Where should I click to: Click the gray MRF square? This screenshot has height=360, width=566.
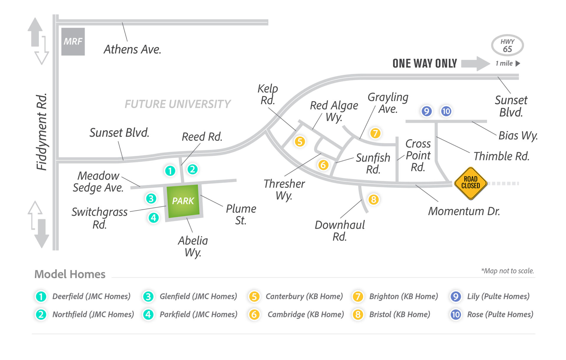pyautogui.click(x=73, y=42)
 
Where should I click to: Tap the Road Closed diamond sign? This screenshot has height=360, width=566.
pyautogui.click(x=470, y=183)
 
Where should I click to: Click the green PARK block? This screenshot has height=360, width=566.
pyautogui.click(x=183, y=201)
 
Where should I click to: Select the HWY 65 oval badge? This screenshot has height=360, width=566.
pyautogui.click(x=507, y=45)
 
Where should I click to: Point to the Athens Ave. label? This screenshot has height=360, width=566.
pyautogui.click(x=132, y=50)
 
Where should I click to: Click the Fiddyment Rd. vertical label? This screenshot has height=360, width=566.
pyautogui.click(x=42, y=132)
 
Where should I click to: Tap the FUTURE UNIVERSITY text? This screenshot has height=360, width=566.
pyautogui.click(x=177, y=104)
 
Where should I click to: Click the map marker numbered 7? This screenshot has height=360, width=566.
pyautogui.click(x=375, y=133)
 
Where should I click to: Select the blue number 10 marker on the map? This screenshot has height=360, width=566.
pyautogui.click(x=446, y=111)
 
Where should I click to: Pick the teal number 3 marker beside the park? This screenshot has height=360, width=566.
pyautogui.click(x=151, y=198)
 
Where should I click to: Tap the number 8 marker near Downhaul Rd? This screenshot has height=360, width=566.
pyautogui.click(x=373, y=200)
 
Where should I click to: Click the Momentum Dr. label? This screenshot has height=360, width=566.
pyautogui.click(x=464, y=211)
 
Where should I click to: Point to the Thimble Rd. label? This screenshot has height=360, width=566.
pyautogui.click(x=501, y=156)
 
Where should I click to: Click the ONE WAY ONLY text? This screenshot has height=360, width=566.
pyautogui.click(x=424, y=63)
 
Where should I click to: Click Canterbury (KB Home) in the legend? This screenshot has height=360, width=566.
pyautogui.click(x=304, y=296)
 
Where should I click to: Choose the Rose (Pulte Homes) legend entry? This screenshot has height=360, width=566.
pyautogui.click(x=500, y=314)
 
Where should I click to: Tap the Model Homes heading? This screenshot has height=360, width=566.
pyautogui.click(x=70, y=274)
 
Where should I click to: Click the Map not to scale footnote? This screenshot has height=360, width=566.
pyautogui.click(x=507, y=271)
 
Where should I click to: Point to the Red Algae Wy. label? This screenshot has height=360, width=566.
pyautogui.click(x=334, y=111)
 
